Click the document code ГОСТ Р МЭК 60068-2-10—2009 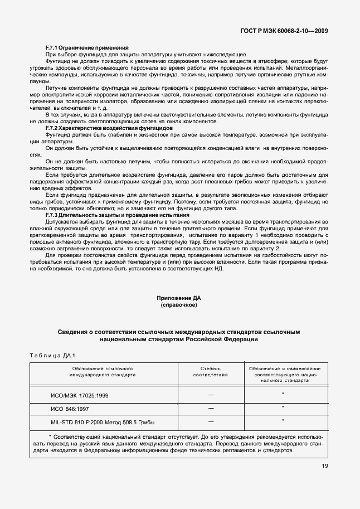(x=283, y=31)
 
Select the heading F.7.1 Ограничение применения (x=87, y=47)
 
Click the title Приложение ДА (x=179, y=298)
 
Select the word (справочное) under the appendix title (x=179, y=305)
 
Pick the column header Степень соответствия (x=210, y=372)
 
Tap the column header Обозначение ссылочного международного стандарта (x=103, y=372)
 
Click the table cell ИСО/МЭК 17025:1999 (x=80, y=395)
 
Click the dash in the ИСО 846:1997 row (x=210, y=408)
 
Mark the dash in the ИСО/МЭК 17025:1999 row (x=210, y=395)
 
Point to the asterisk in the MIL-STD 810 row (x=283, y=420)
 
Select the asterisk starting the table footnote (x=50, y=435)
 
